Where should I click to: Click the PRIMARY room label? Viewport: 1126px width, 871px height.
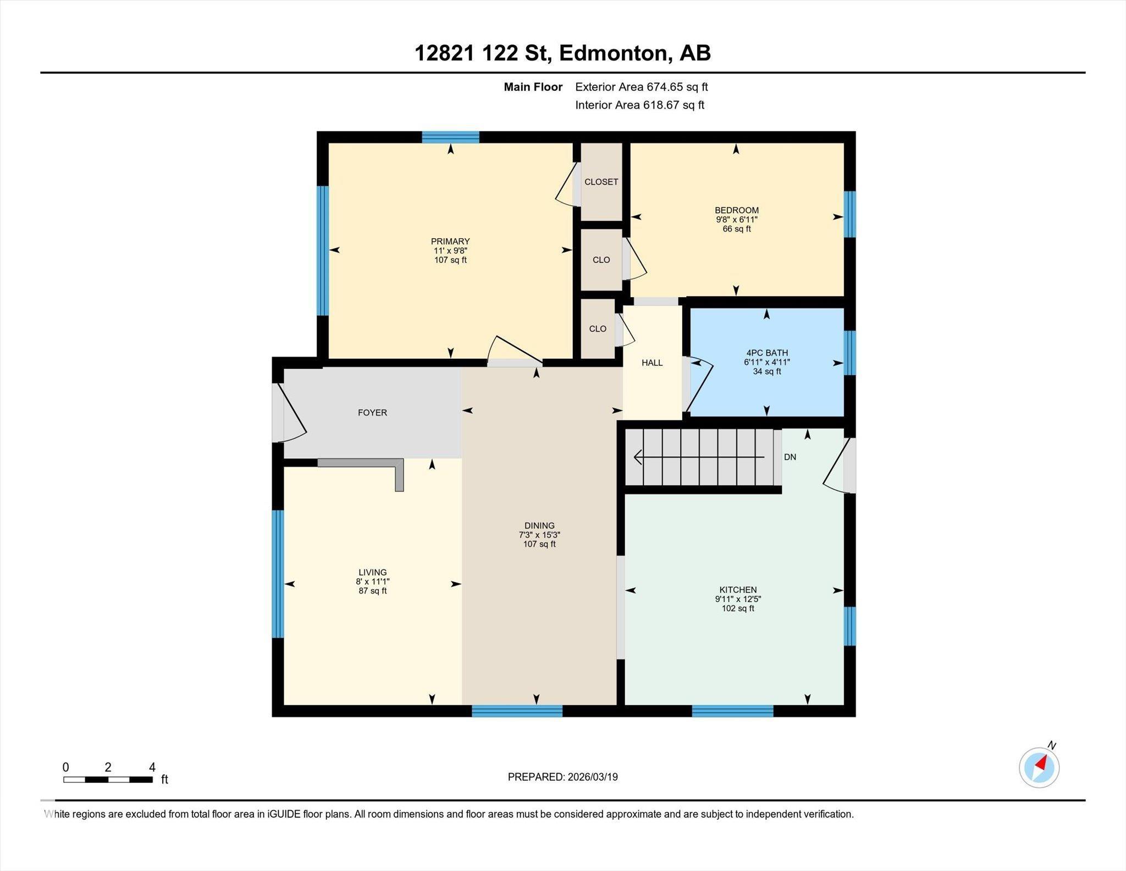pos(450,241)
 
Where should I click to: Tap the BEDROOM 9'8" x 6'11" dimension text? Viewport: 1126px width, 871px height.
pos(736,220)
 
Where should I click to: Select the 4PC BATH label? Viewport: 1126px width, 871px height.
pos(766,353)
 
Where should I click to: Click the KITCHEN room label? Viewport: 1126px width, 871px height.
pos(738,590)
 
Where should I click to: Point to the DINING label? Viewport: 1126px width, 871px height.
pos(539,525)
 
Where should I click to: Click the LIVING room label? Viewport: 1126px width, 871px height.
pos(372,572)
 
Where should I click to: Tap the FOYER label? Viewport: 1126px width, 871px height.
pos(372,413)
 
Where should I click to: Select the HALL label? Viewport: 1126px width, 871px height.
pos(652,363)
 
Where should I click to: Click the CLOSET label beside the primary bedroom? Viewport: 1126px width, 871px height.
pos(601,182)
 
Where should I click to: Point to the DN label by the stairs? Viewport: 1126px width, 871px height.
pos(790,457)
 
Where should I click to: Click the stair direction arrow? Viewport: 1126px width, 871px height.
pos(698,457)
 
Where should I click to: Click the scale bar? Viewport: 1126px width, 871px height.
pos(108,780)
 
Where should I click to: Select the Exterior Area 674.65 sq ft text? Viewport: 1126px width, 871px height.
pos(641,87)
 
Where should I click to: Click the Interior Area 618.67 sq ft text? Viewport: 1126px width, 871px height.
pos(639,105)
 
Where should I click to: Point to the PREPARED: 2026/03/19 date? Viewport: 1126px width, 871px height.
pos(562,777)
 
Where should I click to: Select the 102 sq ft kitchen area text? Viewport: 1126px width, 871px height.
pos(738,609)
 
